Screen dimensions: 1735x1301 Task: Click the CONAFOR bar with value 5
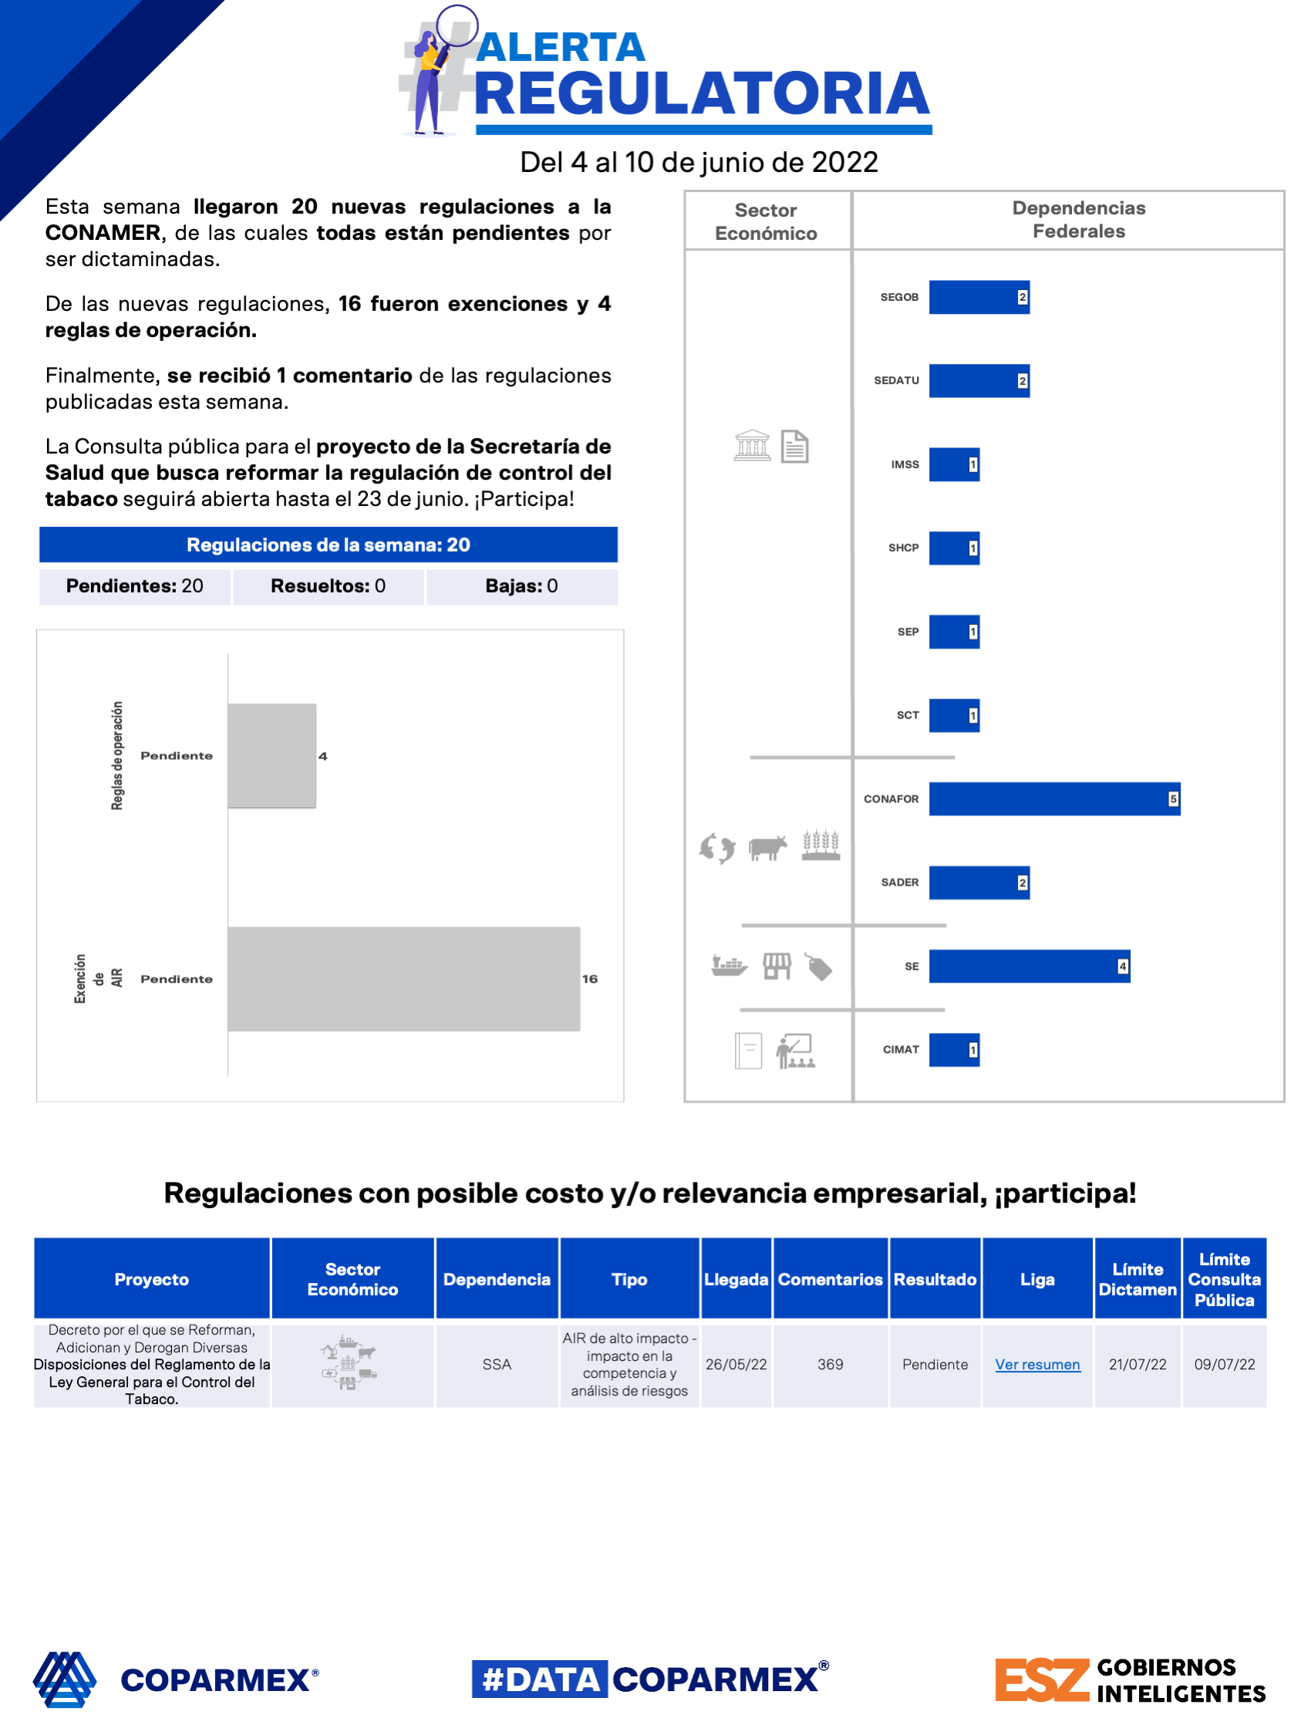[x=1053, y=798]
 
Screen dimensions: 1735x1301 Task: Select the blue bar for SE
[x=1028, y=966]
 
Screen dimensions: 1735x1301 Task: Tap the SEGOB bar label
[x=898, y=297]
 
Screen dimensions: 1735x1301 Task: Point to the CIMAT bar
[x=954, y=1049]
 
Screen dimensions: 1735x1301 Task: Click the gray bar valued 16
[x=403, y=978]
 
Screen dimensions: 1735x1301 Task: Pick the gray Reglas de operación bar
[x=271, y=755]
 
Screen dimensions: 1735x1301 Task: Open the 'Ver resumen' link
[x=1036, y=1364]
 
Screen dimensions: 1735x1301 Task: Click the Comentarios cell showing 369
[x=830, y=1364]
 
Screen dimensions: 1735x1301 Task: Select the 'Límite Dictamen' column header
[x=1137, y=1278]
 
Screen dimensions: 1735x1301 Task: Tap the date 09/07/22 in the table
[x=1224, y=1364]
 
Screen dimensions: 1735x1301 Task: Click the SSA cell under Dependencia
[x=497, y=1364]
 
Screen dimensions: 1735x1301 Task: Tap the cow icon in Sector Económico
[x=767, y=847]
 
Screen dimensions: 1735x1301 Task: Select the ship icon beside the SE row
[x=729, y=966]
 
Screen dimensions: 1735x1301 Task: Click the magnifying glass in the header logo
[x=457, y=28]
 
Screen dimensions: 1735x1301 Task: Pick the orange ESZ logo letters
[x=1041, y=1680]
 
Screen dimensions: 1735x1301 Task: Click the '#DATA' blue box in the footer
[x=540, y=1679]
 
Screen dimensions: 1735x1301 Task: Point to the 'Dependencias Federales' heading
[x=1078, y=220]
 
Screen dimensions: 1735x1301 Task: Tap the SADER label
[x=899, y=883]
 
